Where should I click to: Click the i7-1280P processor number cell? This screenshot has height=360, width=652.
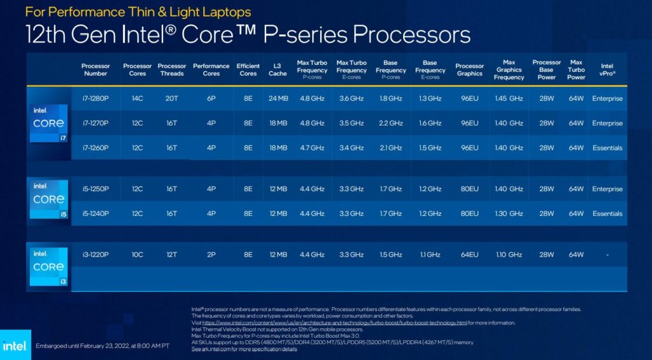tap(96, 99)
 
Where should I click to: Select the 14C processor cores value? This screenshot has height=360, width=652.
tap(137, 99)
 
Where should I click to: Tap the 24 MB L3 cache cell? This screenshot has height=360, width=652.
tap(278, 99)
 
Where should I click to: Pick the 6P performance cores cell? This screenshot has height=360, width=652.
tap(211, 99)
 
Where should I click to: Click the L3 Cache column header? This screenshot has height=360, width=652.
tap(278, 69)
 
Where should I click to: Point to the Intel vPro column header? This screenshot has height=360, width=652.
tap(607, 69)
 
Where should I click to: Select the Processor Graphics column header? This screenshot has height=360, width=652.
tap(469, 69)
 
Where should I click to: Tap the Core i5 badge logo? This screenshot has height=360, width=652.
tap(48, 199)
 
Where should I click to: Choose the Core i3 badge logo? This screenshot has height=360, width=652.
tap(48, 267)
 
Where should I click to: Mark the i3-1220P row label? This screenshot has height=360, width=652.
tap(96, 255)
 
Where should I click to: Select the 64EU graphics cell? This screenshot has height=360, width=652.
tap(469, 255)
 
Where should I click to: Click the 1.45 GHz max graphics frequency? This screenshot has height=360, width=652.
tap(509, 99)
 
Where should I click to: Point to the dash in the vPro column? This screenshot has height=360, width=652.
tap(607, 255)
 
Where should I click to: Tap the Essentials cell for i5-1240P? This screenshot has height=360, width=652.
tap(607, 213)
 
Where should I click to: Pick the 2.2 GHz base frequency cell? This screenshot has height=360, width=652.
tap(390, 123)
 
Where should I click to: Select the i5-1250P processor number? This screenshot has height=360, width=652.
tap(96, 189)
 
